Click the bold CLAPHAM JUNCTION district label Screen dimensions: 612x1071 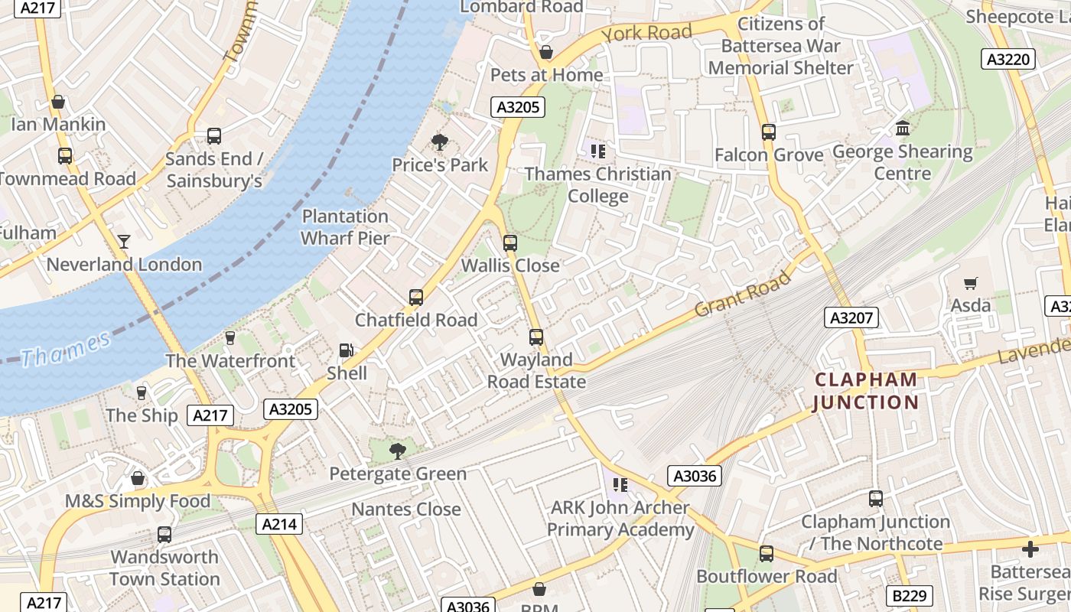865,391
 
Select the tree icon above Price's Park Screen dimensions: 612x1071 440,142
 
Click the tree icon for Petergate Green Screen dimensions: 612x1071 397,451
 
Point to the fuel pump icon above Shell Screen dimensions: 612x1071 347,350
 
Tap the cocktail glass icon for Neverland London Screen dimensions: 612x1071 124,242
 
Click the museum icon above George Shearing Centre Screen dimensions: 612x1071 903,128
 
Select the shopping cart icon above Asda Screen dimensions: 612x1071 971,283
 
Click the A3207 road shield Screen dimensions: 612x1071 851,317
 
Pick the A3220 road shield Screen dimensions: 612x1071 1008,59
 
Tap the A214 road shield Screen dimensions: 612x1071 279,524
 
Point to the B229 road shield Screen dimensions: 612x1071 910,595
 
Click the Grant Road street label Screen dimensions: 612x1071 743,295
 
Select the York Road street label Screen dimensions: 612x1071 646,33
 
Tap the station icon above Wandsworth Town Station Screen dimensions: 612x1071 164,534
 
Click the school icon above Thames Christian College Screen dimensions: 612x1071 597,151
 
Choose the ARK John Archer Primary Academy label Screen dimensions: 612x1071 620,519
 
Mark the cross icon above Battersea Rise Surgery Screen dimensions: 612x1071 1030,549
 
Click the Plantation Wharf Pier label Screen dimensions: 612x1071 345,227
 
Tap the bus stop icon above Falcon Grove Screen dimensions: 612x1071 769,132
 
